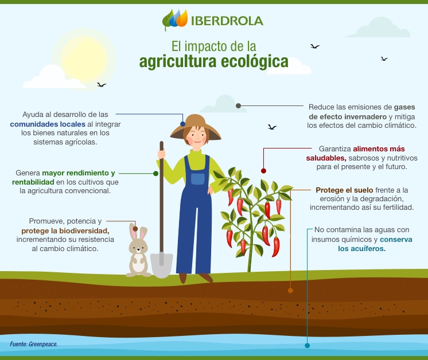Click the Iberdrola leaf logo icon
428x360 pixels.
pos(175,19)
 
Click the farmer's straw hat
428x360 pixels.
pos(196,127)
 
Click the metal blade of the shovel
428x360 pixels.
pos(162,264)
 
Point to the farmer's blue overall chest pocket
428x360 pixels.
pos(197,178)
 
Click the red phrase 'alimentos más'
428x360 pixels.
pos(379,148)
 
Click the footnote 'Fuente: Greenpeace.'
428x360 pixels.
pos(34,345)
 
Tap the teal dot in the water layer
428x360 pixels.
pos(307,346)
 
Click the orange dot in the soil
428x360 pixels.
pos(290,290)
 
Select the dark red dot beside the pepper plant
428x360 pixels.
pos(263,170)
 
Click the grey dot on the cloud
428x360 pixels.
pos(238,106)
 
